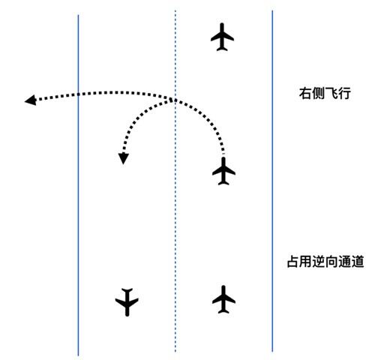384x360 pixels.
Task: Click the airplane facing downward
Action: (127, 302)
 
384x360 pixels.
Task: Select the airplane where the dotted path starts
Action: (223, 171)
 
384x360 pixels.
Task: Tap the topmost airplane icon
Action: (222, 37)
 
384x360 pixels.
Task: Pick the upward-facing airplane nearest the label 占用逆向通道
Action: (223, 299)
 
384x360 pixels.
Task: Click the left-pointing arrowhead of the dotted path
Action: (31, 100)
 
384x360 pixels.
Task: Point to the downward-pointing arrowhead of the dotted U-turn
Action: (123, 159)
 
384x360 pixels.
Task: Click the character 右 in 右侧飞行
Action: (305, 93)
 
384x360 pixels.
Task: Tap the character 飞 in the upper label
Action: (331, 93)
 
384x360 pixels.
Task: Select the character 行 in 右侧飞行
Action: (344, 93)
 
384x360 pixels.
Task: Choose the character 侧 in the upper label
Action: (318, 93)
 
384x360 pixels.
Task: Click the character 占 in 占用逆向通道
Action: (293, 262)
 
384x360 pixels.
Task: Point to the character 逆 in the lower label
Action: (319, 262)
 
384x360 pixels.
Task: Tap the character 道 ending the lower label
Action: (357, 262)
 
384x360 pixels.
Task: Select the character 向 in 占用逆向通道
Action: (331, 262)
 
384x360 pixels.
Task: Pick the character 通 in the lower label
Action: (344, 262)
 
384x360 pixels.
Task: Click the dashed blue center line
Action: (175, 181)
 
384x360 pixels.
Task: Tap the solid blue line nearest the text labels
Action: (272, 181)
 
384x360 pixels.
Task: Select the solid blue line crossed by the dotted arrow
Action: (78, 185)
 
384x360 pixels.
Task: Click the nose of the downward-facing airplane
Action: (127, 316)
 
